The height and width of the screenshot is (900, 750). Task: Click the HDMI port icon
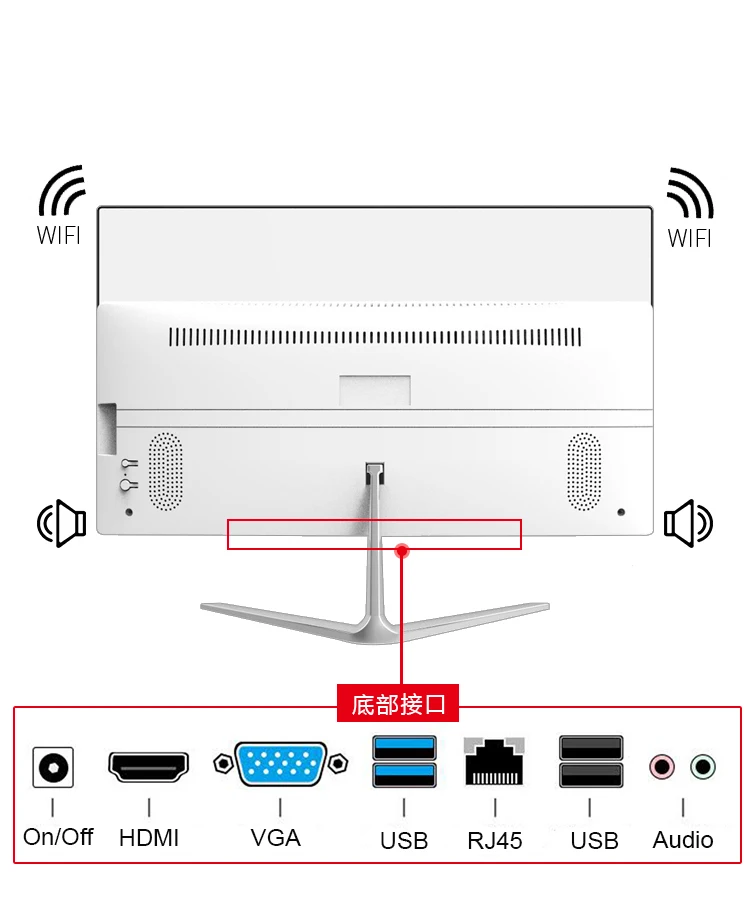(x=148, y=767)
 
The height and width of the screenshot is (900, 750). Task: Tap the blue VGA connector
(x=280, y=765)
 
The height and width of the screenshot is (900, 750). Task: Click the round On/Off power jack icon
(x=53, y=768)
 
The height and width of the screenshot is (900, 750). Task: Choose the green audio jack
(x=703, y=767)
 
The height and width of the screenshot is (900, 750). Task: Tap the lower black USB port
(x=590, y=776)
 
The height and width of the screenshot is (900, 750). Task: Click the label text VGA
(x=276, y=837)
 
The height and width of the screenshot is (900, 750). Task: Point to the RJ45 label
(x=495, y=840)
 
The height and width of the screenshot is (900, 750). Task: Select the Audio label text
(x=683, y=839)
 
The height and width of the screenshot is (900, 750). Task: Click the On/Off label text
(x=58, y=836)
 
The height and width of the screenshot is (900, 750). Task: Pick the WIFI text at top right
(x=690, y=238)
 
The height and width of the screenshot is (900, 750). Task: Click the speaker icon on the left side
(x=62, y=523)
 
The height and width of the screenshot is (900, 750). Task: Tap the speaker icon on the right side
(x=688, y=523)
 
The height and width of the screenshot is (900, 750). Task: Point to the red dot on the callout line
(x=402, y=550)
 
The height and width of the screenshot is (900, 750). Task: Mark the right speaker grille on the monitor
(x=584, y=471)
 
